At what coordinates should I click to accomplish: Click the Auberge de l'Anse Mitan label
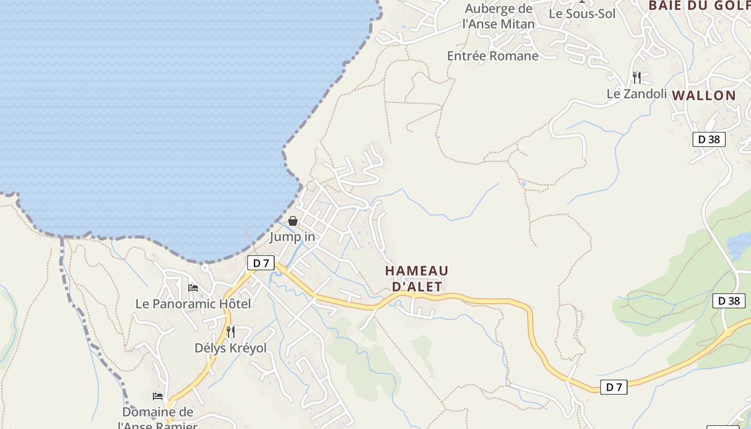[498, 17]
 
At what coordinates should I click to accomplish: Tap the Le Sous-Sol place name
[582, 14]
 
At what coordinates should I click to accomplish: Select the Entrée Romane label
[492, 56]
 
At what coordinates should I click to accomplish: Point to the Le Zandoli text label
[637, 94]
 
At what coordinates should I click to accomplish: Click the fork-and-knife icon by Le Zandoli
[637, 78]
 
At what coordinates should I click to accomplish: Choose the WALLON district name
[704, 96]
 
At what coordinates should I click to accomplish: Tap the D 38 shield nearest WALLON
[709, 139]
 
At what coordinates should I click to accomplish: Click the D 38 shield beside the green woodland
[728, 301]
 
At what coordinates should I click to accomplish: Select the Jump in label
[292, 236]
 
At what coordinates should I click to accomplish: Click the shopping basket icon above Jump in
[293, 221]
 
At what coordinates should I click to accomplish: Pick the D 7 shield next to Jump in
[261, 263]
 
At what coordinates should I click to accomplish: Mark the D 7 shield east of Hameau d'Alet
[613, 387]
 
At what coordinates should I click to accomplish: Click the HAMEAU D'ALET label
[417, 278]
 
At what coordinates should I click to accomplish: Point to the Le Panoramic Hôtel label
[193, 304]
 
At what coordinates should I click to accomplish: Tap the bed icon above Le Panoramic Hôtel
[193, 288]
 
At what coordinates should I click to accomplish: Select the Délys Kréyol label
[230, 348]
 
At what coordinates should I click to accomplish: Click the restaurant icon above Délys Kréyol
[230, 332]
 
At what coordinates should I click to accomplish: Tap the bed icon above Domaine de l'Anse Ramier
[158, 396]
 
